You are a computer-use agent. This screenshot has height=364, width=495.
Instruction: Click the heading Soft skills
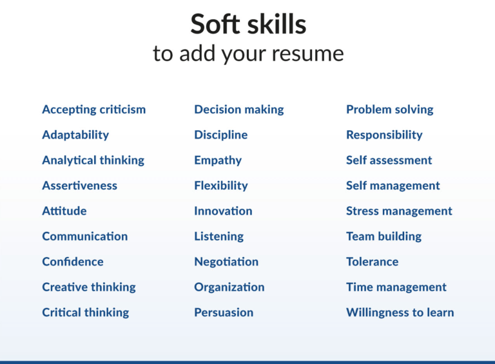click(248, 24)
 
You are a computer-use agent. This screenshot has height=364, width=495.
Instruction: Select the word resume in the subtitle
click(307, 53)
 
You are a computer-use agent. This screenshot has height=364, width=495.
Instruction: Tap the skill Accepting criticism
click(94, 110)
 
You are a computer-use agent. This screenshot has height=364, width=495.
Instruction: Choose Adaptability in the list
click(75, 135)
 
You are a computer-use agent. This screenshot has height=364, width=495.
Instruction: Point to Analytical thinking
click(93, 160)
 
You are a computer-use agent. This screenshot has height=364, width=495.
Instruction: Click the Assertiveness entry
click(80, 186)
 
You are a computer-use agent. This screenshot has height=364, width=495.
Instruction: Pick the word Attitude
click(64, 211)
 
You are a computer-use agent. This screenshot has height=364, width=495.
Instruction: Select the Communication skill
click(85, 236)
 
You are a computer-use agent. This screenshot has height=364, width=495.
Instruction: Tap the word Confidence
click(73, 262)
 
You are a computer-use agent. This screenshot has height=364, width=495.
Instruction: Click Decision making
click(239, 110)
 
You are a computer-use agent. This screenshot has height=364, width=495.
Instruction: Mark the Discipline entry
click(221, 135)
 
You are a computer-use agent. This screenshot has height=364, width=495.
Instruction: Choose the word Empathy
click(218, 160)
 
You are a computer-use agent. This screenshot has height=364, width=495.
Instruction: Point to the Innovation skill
click(223, 211)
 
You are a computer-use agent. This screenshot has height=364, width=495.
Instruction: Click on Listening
click(219, 236)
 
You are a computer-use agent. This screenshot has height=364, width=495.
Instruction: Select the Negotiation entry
click(226, 262)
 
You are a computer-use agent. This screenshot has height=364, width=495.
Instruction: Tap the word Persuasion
click(224, 312)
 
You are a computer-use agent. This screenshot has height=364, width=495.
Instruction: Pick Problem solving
click(390, 110)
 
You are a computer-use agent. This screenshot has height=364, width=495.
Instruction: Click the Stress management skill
click(399, 211)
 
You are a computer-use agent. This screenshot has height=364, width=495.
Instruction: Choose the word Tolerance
click(372, 262)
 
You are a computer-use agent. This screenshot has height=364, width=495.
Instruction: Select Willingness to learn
click(400, 312)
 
